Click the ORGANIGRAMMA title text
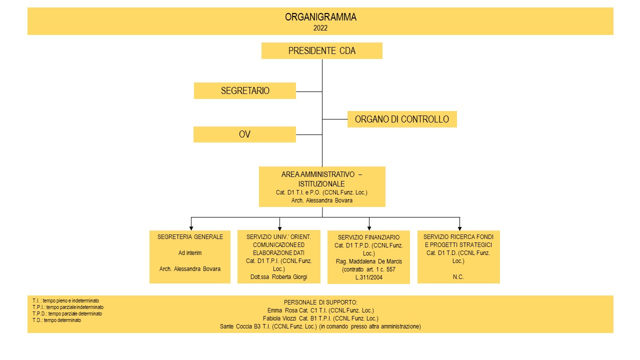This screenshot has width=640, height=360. [320, 17]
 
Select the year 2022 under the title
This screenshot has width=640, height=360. [320, 28]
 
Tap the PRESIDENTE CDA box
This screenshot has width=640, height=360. [322, 51]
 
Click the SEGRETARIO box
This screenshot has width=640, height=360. [245, 91]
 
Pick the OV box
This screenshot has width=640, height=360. [244, 134]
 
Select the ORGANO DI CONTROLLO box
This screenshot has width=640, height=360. [402, 119]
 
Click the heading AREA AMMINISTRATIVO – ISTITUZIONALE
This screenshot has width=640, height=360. [321, 179]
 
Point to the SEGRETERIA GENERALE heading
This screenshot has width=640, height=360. [190, 237]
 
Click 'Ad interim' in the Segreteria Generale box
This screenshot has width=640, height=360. [190, 253]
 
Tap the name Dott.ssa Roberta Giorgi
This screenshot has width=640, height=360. [279, 277]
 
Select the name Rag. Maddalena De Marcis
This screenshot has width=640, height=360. [369, 261]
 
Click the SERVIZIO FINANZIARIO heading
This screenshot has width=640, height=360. [368, 237]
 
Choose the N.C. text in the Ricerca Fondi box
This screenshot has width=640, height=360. [458, 277]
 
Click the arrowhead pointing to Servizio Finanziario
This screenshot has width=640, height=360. [369, 228]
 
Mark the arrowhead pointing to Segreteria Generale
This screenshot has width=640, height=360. [191, 228]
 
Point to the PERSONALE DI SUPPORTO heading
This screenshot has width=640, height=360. [320, 302]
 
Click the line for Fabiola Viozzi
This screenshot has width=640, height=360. [320, 318]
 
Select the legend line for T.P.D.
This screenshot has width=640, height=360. [67, 313]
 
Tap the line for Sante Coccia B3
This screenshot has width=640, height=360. [320, 326]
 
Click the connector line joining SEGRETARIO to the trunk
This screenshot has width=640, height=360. [309, 91]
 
